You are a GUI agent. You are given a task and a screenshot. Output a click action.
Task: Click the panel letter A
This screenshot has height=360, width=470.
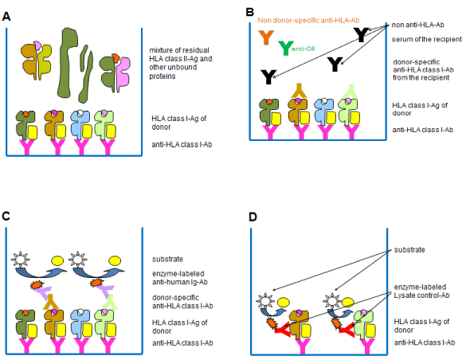pyautogui.click(x=6, y=17)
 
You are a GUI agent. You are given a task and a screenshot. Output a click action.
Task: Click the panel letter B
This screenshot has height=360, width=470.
pyautogui.click(x=249, y=12)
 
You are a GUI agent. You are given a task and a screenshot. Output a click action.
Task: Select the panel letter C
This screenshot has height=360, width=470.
pyautogui.click(x=6, y=216)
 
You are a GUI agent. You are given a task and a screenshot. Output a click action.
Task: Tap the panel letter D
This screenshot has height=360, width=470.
pyautogui.click(x=253, y=217)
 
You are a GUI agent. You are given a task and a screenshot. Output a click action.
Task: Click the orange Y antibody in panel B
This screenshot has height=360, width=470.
pyautogui.click(x=266, y=37)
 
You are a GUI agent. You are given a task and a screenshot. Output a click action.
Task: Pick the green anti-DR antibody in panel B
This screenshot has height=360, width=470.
pyautogui.click(x=285, y=48)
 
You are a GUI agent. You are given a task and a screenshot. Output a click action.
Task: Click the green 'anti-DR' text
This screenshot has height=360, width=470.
pyautogui.click(x=304, y=49)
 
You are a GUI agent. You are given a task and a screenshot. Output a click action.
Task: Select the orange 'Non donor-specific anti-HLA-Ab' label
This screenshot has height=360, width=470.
pyautogui.click(x=308, y=21)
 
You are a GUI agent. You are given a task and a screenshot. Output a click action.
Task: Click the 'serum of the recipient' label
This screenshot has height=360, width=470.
pyautogui.click(x=426, y=39)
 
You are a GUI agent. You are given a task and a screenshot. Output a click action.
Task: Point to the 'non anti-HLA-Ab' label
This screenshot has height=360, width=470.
pyautogui.click(x=417, y=25)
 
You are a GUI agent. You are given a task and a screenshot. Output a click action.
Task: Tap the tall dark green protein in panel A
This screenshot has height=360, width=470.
pyautogui.click(x=69, y=63)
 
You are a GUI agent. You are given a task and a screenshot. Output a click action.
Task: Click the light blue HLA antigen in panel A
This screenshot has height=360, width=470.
pyautogui.click(x=81, y=124)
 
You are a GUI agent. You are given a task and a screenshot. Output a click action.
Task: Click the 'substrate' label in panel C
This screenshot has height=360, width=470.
pyautogui.click(x=167, y=259)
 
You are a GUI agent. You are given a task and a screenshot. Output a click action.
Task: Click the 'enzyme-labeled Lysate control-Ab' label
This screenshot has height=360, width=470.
pyautogui.click(x=421, y=291)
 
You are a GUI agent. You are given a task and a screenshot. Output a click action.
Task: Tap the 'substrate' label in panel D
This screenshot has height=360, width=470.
pyautogui.click(x=409, y=250)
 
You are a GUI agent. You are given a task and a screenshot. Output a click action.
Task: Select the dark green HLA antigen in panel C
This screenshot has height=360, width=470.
pyautogui.click(x=26, y=324)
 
